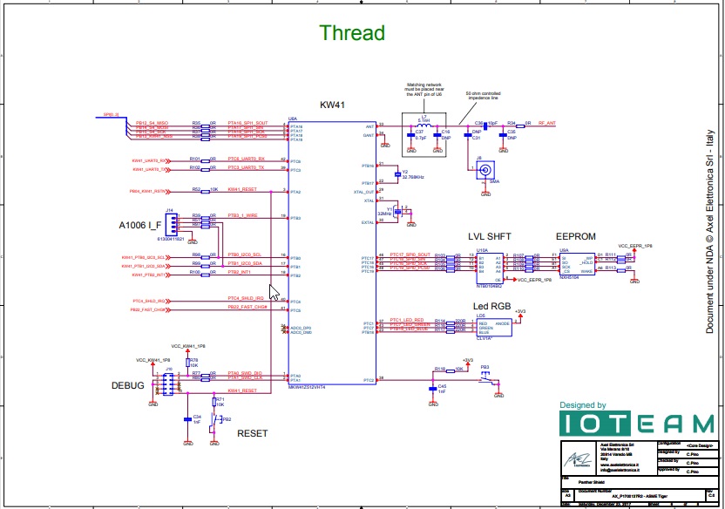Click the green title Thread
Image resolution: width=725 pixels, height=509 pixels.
352,33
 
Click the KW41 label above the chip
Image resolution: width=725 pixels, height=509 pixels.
333,105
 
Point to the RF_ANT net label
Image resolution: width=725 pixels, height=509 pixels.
546,123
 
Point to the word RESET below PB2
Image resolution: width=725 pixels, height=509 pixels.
253,433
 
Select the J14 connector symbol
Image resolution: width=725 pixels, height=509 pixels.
170,222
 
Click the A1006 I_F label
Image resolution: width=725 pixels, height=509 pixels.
140,225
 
